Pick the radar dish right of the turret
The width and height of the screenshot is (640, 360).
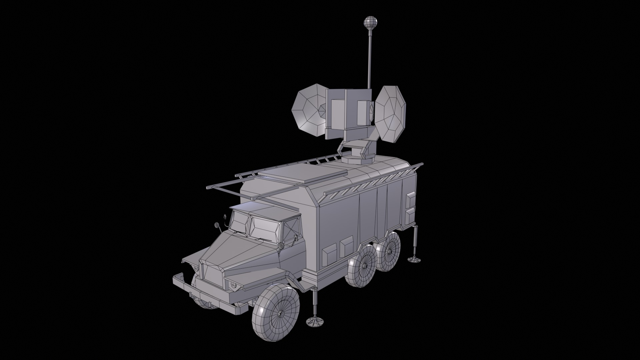[x=390, y=113]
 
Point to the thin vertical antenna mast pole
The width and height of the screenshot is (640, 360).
[x=369, y=60]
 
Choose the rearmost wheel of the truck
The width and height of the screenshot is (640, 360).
[x=390, y=252]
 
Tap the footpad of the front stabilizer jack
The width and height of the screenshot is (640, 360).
[x=315, y=322]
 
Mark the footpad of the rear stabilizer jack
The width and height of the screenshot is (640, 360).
[x=414, y=259]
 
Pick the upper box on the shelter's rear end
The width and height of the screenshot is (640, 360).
[x=410, y=200]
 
